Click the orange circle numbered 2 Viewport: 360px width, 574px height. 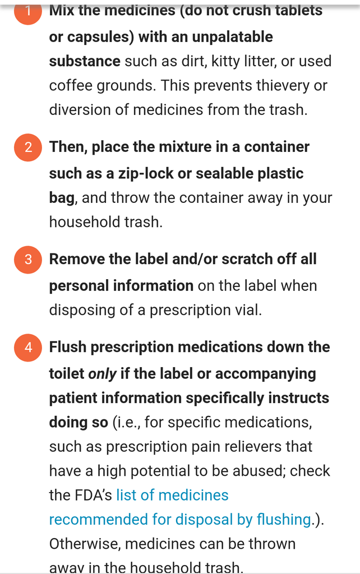coord(28,147)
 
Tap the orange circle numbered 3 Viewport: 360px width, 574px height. coord(28,260)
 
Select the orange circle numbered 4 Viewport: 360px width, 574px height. coord(28,348)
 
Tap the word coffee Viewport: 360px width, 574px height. coord(71,86)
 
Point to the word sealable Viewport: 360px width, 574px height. coord(224,174)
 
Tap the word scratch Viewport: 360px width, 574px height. coord(247,259)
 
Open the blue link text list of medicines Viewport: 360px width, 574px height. coord(173,495)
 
